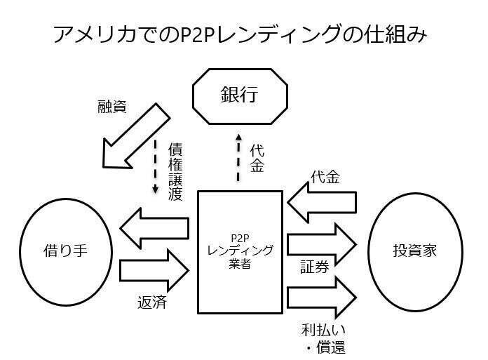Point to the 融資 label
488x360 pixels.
pos(112,107)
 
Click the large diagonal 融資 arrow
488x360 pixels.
pos(136,136)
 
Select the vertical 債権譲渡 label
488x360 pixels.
pos(175,172)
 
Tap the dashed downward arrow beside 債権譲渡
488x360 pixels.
pos(155,166)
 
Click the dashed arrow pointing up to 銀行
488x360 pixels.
pos(238,157)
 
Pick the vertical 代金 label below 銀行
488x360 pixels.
pos(257,158)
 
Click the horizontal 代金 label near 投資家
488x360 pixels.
pos(325,178)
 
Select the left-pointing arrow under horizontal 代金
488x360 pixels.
pos(322,202)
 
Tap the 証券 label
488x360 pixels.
pos(315,267)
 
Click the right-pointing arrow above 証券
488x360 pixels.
pos(322,244)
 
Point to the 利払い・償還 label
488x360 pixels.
pos(324,339)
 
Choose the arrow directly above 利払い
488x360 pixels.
pos(322,298)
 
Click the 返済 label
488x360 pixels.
pos(152,302)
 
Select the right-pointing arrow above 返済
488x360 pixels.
pos(154,270)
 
